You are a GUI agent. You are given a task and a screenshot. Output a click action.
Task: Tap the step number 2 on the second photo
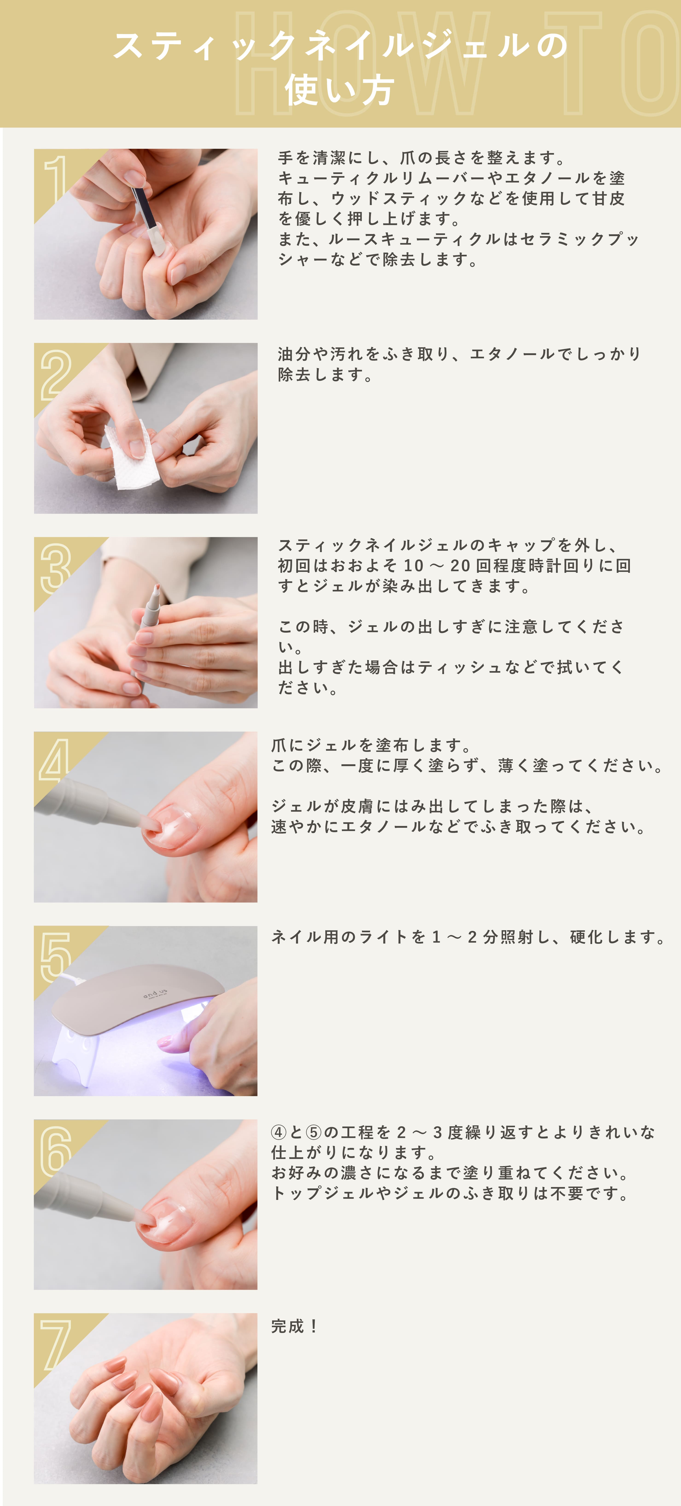[x=56, y=374]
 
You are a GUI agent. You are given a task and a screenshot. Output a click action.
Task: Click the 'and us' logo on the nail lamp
[x=155, y=993]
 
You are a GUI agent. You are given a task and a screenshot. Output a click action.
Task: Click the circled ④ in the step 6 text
[x=279, y=1132]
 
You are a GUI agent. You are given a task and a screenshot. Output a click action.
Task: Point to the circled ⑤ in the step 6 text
[x=314, y=1132]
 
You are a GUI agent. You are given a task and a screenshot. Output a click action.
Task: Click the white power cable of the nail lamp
[x=70, y=978]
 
